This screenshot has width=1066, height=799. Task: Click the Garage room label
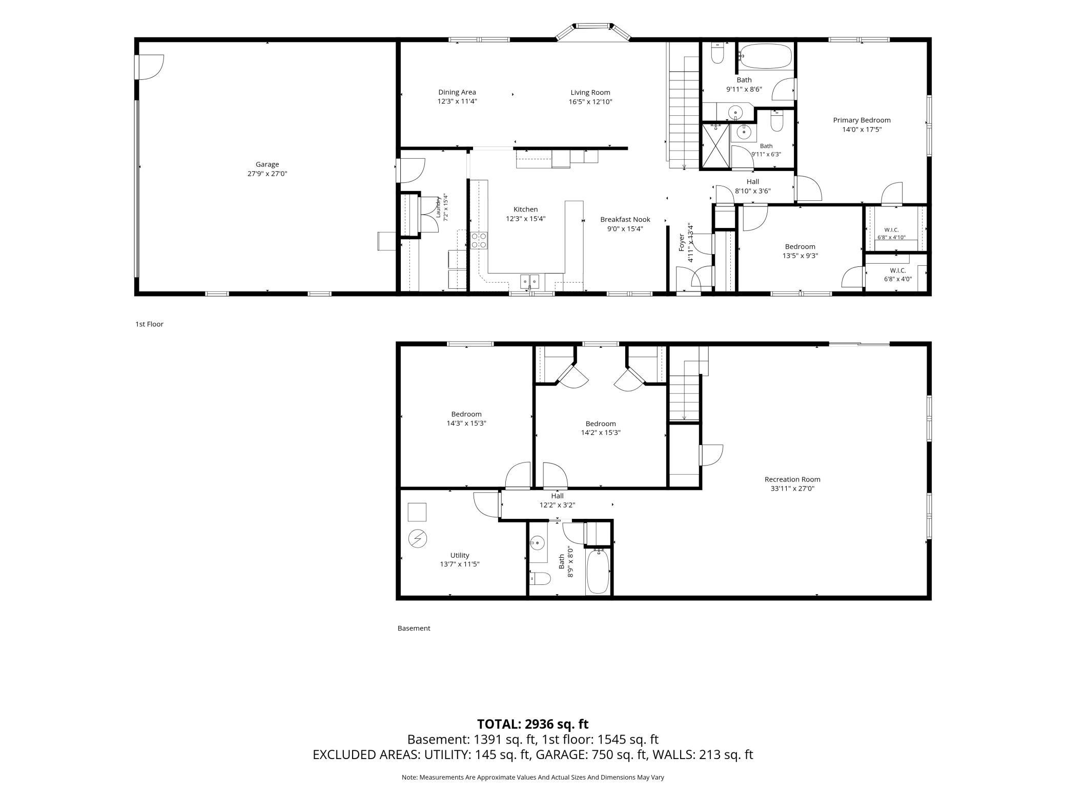coord(267,164)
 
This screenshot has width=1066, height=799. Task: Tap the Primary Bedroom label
coord(862,120)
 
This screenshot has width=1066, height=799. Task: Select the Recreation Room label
coord(792,479)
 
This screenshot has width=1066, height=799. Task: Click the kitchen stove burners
coord(479,240)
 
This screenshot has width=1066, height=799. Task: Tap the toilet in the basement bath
coord(540,579)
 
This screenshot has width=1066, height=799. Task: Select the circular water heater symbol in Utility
coord(417,539)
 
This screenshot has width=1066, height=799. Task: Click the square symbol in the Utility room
coord(417,512)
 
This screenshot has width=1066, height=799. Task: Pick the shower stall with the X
coord(715,145)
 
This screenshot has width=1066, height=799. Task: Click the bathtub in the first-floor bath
coord(766,56)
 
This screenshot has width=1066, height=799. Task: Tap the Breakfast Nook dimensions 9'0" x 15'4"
coord(625,229)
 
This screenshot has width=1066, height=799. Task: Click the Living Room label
coord(590,93)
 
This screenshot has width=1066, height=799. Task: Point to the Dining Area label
coord(457,93)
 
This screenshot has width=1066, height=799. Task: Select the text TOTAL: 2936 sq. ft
coord(533,724)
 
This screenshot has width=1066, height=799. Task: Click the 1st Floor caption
coord(149,324)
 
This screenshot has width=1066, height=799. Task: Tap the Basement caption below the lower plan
coord(414,628)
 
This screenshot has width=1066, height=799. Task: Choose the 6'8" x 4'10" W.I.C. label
coord(892,237)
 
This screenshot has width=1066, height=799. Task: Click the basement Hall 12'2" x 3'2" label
coord(557,500)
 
